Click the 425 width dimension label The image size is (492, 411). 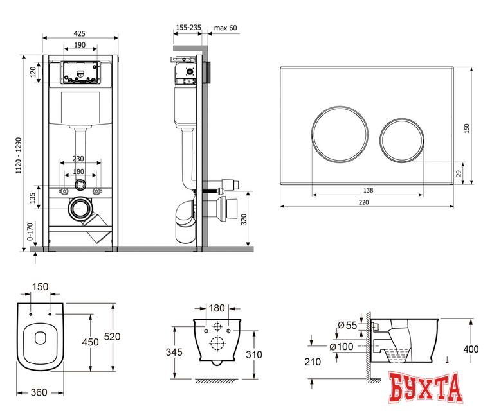80,33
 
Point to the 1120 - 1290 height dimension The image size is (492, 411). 19,155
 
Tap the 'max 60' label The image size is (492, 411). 225,28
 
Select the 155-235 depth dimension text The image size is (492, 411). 188,28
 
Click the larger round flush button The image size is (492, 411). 340,134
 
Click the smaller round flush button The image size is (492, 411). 402,140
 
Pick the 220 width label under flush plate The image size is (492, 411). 363,202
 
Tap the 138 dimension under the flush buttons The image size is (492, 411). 368,191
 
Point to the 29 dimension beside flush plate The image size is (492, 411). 459,173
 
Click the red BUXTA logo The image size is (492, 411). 426,387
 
